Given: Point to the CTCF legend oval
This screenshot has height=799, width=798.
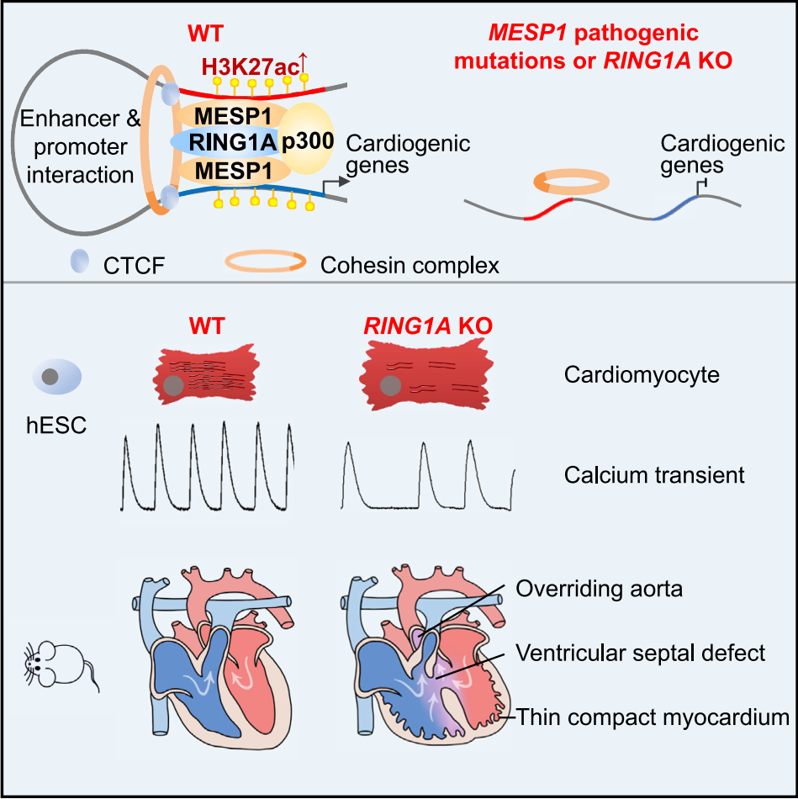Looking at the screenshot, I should tap(78, 266).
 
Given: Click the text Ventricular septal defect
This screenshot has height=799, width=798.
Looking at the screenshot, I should tap(641, 652).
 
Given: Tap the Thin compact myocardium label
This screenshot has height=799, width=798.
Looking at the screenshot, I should tap(653, 717).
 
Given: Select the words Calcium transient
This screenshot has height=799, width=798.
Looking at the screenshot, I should tap(654, 474).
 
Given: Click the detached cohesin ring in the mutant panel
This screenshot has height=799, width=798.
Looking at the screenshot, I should tap(572, 180).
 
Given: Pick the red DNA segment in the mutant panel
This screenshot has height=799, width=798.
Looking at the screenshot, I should tap(548, 209).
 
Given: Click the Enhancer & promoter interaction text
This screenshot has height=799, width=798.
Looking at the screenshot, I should tap(80, 146).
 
